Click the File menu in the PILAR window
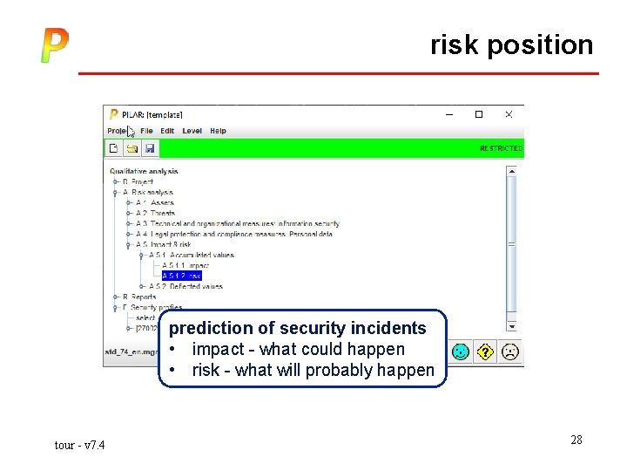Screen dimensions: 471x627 pyautogui.click(x=146, y=131)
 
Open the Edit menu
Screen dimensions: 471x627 pyautogui.click(x=167, y=131)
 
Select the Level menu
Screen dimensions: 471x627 pyautogui.click(x=192, y=131)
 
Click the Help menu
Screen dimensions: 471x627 pyautogui.click(x=218, y=131)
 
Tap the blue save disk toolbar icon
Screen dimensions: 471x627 pyautogui.click(x=149, y=149)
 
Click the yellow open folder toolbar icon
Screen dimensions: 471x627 pyautogui.click(x=131, y=149)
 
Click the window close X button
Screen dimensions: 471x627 pyautogui.click(x=509, y=114)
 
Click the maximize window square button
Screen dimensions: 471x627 pyautogui.click(x=478, y=114)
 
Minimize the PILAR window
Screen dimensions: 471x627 pyautogui.click(x=449, y=114)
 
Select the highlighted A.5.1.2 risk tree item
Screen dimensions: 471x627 pyautogui.click(x=181, y=276)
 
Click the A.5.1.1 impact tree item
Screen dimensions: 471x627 pyautogui.click(x=185, y=265)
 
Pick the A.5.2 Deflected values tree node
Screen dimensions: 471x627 pyautogui.click(x=185, y=286)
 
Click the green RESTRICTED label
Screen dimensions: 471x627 pyautogui.click(x=501, y=149)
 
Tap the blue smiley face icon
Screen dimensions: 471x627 pyautogui.click(x=461, y=352)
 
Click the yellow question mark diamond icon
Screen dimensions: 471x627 pyautogui.click(x=486, y=352)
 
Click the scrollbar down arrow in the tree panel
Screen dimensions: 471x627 pyautogui.click(x=511, y=326)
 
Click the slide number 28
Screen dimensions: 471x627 pyautogui.click(x=576, y=440)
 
